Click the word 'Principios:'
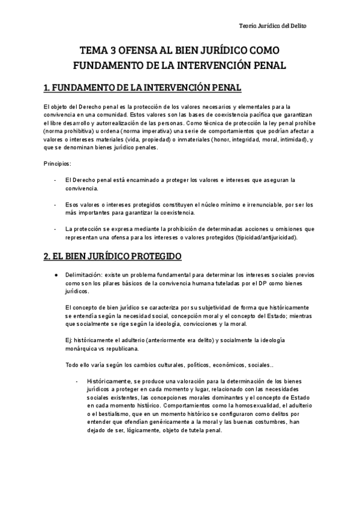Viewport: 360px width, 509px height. (57, 164)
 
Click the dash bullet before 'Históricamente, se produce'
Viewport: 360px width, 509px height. (77, 381)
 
